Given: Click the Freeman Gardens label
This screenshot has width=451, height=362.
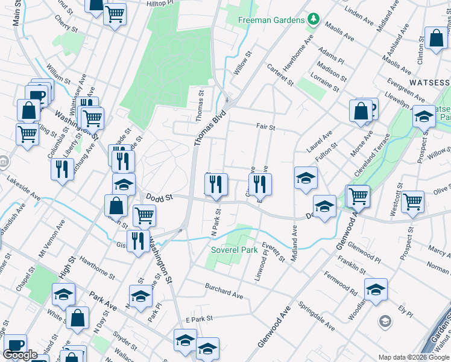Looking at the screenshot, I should tap(271, 20).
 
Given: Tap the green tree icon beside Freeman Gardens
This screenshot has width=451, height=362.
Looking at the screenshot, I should tap(313, 20).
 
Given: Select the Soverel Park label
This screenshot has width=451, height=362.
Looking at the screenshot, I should tap(234, 249).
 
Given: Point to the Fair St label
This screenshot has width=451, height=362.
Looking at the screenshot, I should tap(265, 127).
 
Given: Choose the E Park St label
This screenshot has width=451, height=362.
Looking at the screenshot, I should tap(200, 318).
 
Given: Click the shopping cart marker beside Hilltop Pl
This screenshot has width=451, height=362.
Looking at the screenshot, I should tap(115, 14).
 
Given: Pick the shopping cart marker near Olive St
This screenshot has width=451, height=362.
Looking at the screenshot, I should tap(413, 202).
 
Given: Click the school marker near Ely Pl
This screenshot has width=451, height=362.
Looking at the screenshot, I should tap(375, 290).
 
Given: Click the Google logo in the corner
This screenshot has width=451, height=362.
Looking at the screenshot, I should tap(20, 355).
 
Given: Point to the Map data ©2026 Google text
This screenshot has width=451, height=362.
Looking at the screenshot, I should tap(414, 357).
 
